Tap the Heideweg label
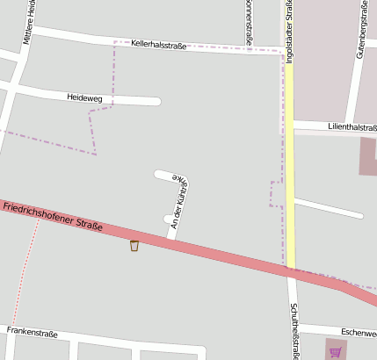coord(84,97)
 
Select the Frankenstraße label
coord(32,333)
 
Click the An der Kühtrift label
coord(179,202)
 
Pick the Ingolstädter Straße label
coord(288,32)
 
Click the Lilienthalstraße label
coord(351,128)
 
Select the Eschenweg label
coord(359,333)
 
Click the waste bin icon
coord(134,246)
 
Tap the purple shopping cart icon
coord(335,352)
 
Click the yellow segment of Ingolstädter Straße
coord(289,176)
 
